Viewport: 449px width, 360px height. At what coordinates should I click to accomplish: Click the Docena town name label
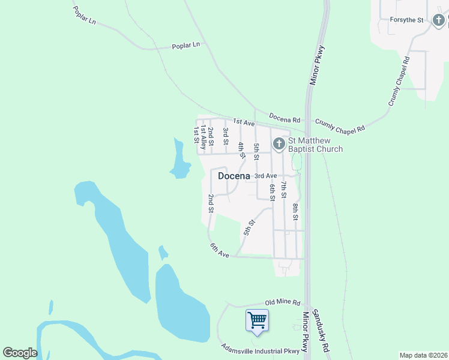pos(234,176)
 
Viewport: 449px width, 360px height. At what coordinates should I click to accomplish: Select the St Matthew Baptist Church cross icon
pos(279,144)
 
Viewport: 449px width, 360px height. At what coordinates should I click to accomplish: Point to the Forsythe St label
pos(407,20)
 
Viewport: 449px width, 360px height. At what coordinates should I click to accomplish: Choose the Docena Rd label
pos(284,118)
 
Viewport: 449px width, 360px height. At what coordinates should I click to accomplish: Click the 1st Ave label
pos(244,121)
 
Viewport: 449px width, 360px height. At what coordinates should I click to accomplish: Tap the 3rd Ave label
pos(265,176)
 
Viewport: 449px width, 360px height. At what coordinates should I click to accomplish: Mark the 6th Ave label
pos(220,250)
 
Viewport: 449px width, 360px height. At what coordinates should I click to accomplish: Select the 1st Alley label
pos(203,137)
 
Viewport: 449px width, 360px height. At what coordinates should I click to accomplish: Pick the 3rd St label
pos(226,136)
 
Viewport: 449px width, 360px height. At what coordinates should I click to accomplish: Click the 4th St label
pos(241,150)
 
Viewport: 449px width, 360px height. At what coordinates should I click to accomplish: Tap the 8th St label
pos(295,212)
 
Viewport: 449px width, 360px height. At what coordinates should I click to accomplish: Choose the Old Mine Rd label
pos(283,303)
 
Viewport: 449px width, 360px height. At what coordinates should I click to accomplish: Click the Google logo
pos(20,353)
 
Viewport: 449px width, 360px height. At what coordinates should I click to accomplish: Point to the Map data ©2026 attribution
pos(423,355)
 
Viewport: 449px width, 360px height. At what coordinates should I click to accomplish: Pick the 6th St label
pos(272,192)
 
